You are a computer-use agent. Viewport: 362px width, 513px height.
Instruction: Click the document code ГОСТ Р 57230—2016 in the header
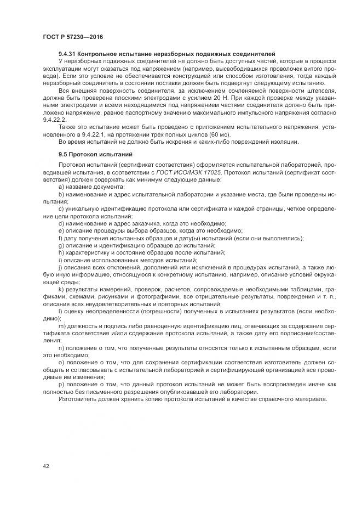(72, 36)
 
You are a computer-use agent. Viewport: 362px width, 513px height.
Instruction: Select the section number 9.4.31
(68, 53)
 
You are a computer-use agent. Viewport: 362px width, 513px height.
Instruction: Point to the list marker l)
(60, 312)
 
